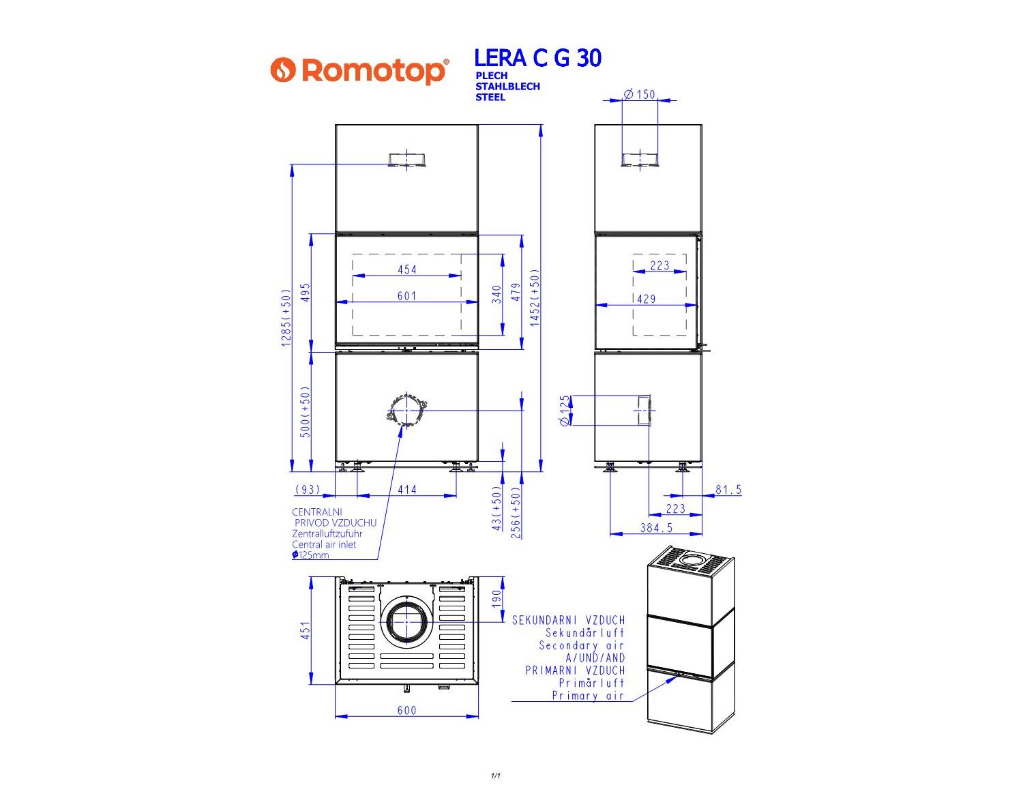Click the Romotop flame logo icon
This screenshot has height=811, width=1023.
coord(283,70)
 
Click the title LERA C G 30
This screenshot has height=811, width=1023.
coord(537,58)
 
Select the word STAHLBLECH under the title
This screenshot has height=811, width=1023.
coord(507,87)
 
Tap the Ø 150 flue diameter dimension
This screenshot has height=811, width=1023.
coord(640,94)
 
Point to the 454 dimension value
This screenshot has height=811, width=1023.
coord(407,269)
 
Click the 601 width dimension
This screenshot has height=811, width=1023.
coord(407,296)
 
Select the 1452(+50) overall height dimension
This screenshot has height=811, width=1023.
coord(535,298)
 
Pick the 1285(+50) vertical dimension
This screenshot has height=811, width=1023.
coord(286,318)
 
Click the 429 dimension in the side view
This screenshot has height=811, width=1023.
coord(647,299)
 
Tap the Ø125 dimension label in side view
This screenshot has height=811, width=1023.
coord(565,410)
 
